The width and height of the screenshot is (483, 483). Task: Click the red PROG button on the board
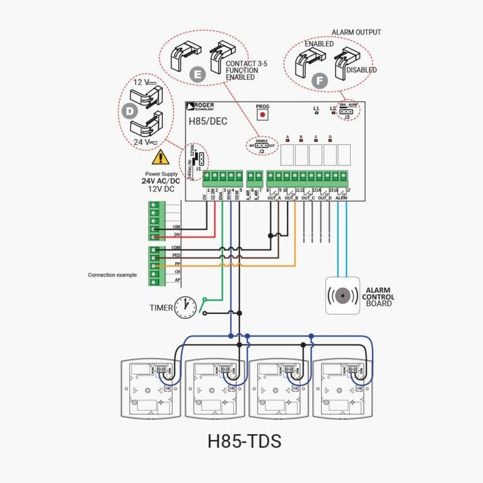[262, 115]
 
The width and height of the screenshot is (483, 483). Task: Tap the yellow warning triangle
[160, 158]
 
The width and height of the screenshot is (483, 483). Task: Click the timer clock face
[186, 307]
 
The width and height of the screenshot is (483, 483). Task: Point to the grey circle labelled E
[197, 74]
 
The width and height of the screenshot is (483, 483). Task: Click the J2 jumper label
[261, 152]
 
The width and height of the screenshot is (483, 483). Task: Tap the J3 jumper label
[347, 117]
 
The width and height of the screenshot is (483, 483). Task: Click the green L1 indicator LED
[316, 114]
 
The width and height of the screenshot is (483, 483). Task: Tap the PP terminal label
[178, 264]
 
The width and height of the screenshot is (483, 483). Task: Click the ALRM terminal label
[341, 197]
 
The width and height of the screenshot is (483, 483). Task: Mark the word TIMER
[161, 308]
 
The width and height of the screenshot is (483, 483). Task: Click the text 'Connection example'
[112, 275]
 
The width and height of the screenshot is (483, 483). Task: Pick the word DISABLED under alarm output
[362, 70]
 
